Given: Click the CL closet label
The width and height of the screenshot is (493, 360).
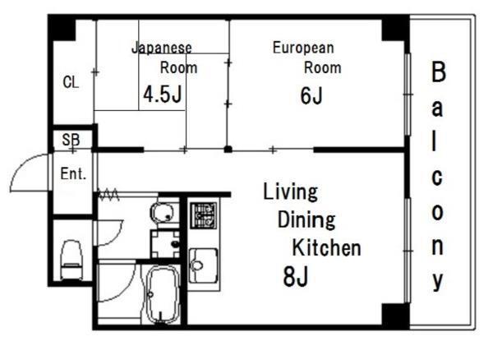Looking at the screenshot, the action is pos(71,82).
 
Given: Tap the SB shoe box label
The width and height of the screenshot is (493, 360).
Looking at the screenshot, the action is pos(71,140).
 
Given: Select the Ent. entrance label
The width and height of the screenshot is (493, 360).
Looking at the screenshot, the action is pos(73,174).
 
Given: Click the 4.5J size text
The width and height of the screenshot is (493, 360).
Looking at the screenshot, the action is pos(163,95).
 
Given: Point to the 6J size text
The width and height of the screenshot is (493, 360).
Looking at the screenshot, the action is pos(311,95).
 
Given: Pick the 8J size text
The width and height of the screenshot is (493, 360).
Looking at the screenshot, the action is pos(296,276).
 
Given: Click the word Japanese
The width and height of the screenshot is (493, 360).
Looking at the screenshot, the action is pos(162,48).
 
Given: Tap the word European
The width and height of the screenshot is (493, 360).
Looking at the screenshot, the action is pos(303,48).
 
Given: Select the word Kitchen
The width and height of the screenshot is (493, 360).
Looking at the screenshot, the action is pos(327,247).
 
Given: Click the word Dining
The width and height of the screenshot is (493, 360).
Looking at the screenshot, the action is pos(306,220).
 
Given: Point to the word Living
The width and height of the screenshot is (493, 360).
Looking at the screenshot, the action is pos(290,192).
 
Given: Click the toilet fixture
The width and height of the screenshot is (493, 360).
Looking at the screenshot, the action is pos(72,260).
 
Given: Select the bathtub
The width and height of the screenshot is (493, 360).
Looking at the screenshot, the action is pos(163,294).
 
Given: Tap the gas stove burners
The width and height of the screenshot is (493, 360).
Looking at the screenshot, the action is pos(204,215).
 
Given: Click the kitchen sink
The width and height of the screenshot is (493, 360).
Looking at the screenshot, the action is pos(203,265).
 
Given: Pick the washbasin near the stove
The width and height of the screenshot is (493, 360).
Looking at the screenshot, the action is pos(163,213).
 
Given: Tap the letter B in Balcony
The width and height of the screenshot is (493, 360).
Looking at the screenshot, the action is pos(439,72).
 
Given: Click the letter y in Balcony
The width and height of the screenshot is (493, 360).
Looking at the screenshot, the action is pos(438,281).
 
